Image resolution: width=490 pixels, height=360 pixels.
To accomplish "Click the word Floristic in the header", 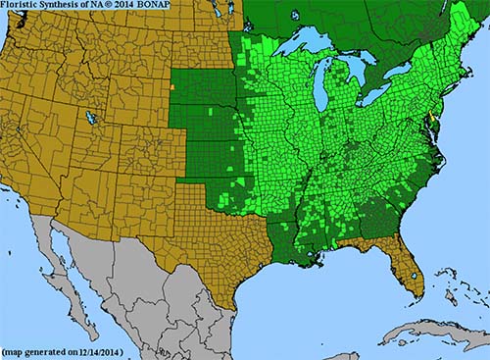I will pos(23,8).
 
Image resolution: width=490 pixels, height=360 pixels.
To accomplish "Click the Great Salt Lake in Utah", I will pos(91,118).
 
